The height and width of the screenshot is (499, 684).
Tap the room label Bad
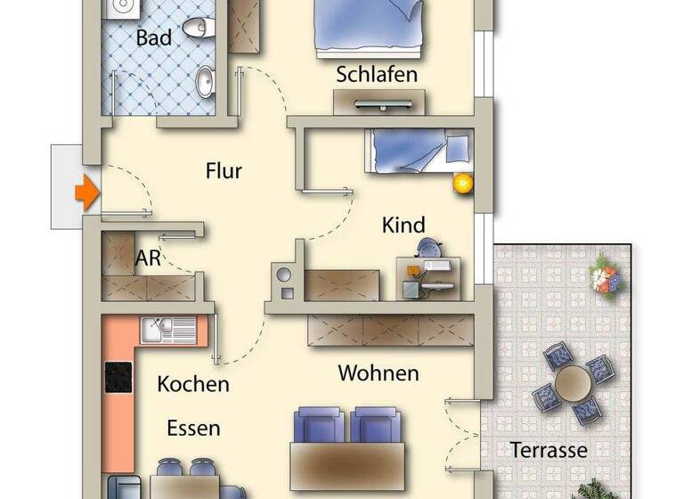tap(154, 38)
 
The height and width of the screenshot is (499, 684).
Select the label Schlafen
tap(377, 74)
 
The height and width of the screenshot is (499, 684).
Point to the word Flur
tap(224, 170)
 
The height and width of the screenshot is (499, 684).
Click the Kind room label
tap(403, 225)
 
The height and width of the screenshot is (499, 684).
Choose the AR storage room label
tap(148, 259)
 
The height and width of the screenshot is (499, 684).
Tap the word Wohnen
tap(379, 372)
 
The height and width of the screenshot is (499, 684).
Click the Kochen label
tap(193, 384)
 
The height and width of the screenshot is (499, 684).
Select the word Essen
tap(193, 429)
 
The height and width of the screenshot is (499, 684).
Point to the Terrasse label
tap(549, 450)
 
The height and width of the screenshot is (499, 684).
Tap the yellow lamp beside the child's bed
tap(462, 184)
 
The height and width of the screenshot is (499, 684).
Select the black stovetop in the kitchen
tap(119, 377)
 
